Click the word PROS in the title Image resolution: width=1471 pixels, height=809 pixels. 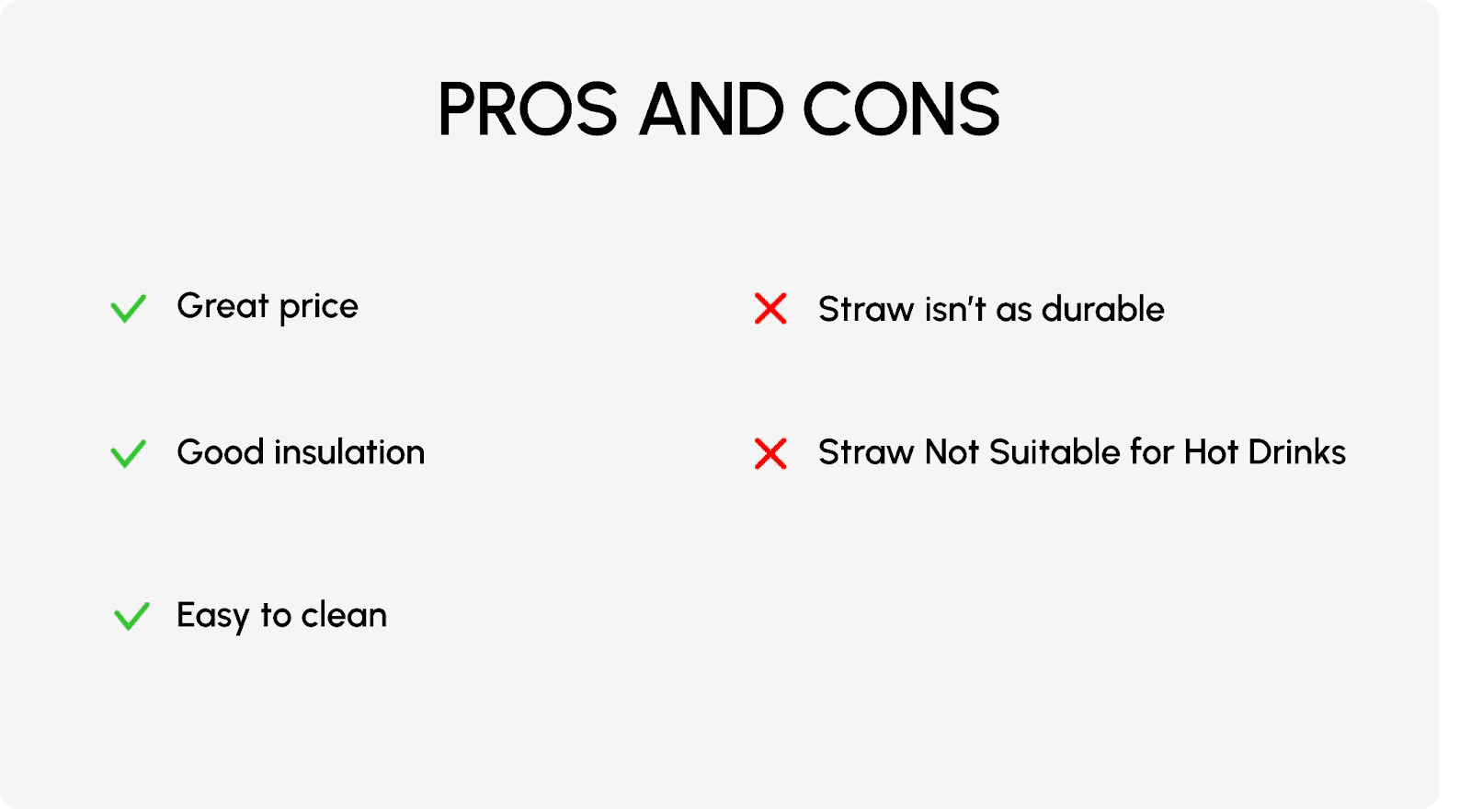point(528,109)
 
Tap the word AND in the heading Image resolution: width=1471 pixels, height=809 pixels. point(712,109)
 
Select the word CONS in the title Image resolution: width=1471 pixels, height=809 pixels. point(902,109)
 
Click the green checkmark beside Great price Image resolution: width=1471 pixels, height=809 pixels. point(128,309)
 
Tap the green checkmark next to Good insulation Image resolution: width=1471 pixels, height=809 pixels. point(128,454)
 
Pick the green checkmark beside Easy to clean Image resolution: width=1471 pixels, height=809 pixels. point(131,617)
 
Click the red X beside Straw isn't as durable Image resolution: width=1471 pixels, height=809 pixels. point(770,309)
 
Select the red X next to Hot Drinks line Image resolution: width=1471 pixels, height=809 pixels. point(770,454)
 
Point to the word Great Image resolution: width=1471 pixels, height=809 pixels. point(223,306)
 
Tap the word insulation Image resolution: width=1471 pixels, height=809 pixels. point(349,451)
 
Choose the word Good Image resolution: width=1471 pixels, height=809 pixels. point(221,451)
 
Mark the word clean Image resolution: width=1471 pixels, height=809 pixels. point(344,615)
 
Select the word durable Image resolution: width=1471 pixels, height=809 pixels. point(1103,309)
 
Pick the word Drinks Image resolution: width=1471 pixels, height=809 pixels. point(1297,452)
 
